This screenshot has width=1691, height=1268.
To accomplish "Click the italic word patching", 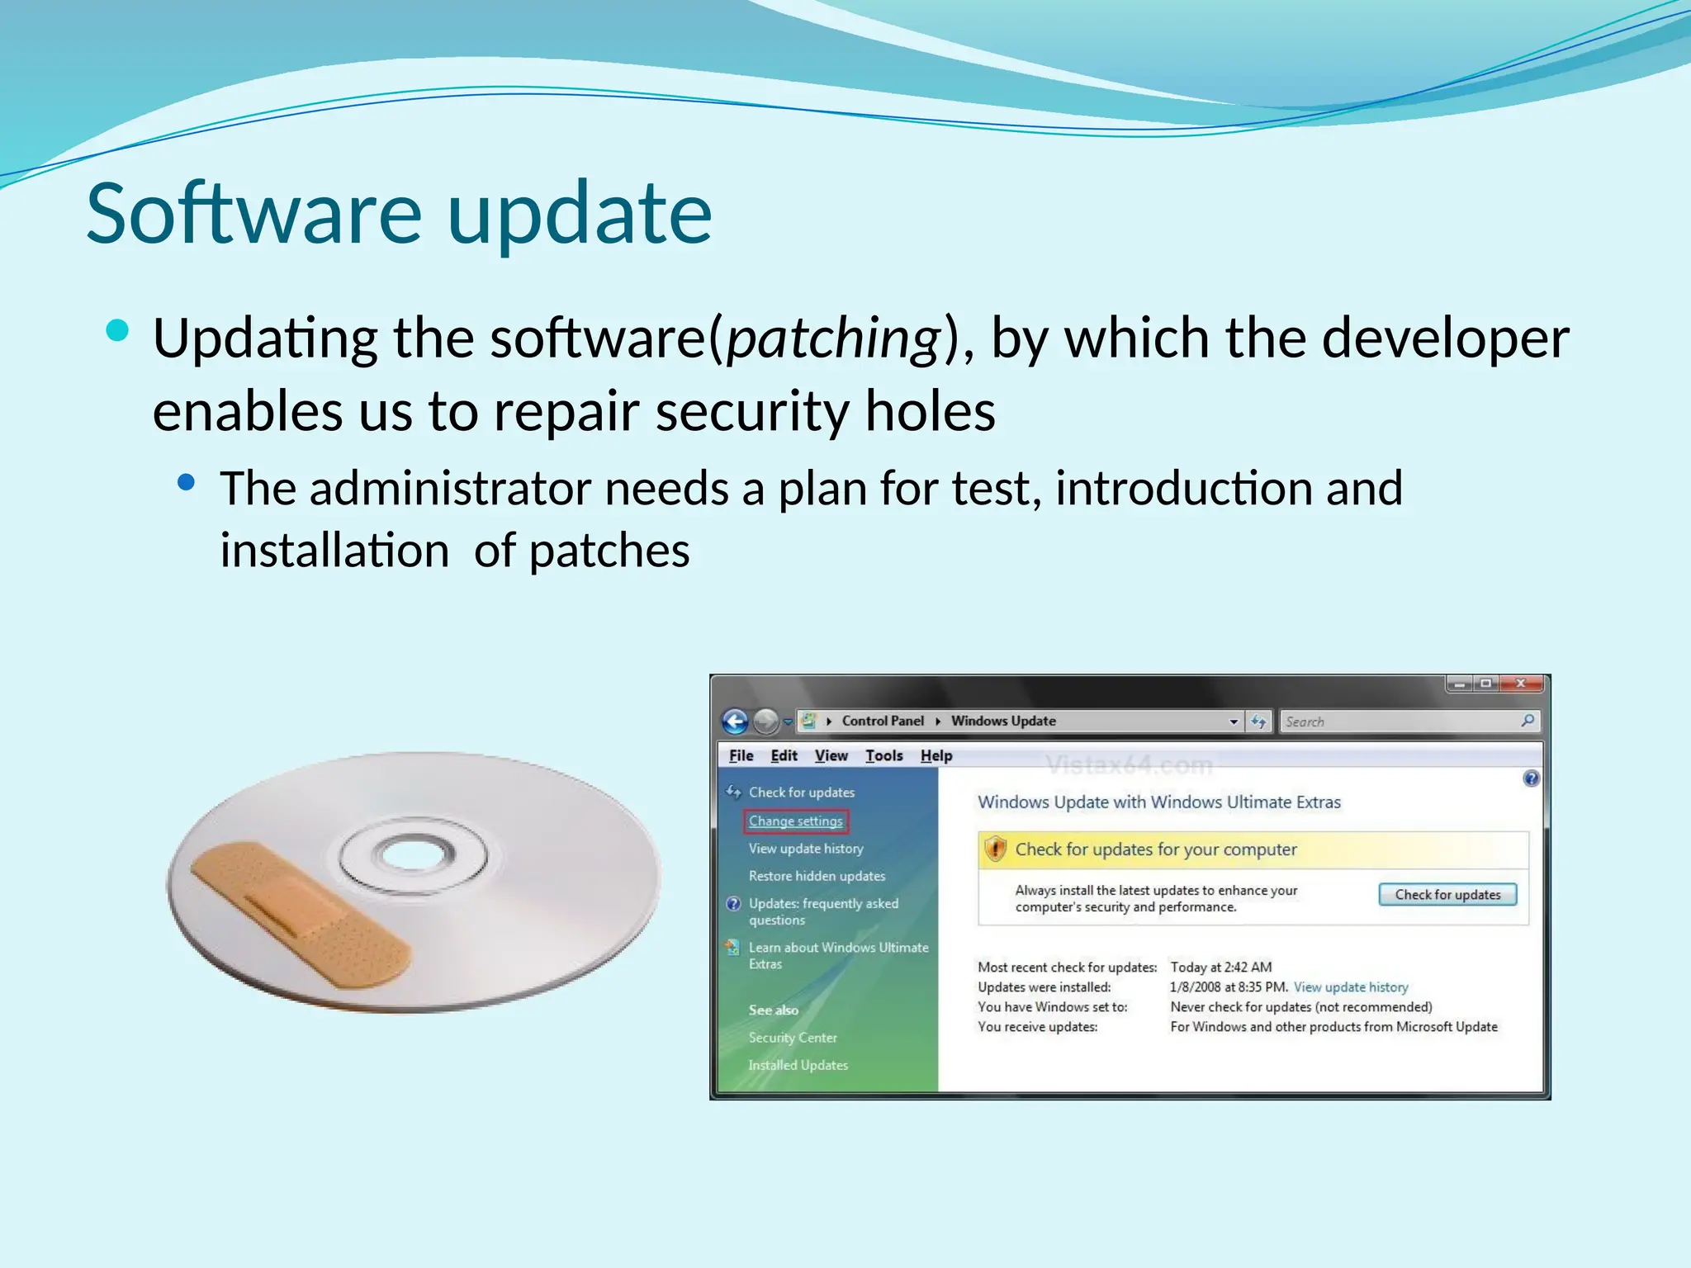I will (x=833, y=338).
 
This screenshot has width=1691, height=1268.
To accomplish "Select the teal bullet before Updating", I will (x=118, y=331).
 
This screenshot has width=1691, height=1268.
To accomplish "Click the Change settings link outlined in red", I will (x=795, y=821).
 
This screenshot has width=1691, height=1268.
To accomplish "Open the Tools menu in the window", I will (x=883, y=755).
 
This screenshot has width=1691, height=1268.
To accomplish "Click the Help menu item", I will (x=936, y=755).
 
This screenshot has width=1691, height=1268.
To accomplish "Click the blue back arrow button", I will (x=735, y=722).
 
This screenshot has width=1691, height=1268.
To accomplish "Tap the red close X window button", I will (x=1520, y=684).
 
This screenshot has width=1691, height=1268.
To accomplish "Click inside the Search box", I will (x=1400, y=722).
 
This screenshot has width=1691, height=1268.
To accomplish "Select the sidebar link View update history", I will (x=805, y=849).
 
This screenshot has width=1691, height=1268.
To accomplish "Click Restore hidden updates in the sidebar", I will (x=817, y=876).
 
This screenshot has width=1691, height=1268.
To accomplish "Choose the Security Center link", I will (x=793, y=1038).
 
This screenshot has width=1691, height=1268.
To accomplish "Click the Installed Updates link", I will (x=798, y=1065).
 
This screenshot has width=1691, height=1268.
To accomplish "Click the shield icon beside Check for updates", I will (x=996, y=849).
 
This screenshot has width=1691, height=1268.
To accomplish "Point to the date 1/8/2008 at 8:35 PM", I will (x=1228, y=987).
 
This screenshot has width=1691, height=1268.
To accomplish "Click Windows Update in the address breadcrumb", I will (x=1003, y=721).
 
